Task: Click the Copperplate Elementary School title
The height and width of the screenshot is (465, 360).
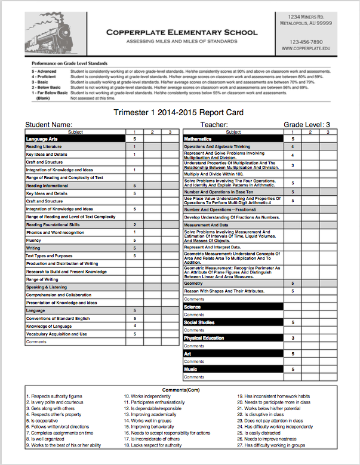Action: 181,32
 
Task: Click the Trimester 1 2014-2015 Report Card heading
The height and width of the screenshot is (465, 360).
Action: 178,112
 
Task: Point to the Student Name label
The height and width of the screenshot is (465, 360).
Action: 48,125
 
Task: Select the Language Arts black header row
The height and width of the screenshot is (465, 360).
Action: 75,138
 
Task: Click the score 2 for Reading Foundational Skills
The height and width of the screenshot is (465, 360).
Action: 134,225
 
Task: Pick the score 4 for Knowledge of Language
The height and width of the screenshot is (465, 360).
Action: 134,326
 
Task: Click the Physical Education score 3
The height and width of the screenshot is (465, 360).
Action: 293,338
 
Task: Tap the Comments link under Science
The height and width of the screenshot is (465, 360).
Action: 194,315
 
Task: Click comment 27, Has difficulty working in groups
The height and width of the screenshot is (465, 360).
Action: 271,445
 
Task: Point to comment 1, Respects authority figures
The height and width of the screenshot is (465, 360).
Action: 54,396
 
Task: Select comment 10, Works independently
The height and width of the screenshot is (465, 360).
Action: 147,396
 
